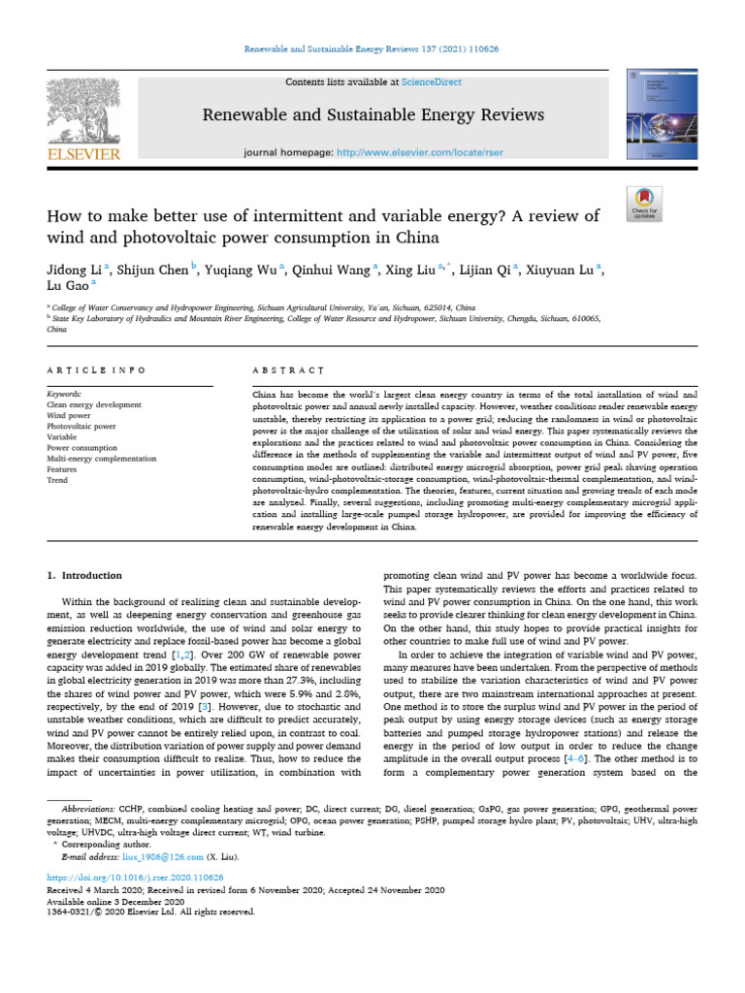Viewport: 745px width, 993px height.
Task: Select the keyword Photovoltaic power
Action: click(x=81, y=426)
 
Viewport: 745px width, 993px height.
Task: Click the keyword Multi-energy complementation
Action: click(x=101, y=459)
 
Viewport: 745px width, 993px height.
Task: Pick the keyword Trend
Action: click(x=57, y=480)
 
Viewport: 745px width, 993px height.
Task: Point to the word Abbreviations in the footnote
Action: click(x=89, y=807)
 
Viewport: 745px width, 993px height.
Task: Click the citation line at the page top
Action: click(x=372, y=48)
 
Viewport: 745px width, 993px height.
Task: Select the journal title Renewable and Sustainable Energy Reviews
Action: click(x=372, y=115)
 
